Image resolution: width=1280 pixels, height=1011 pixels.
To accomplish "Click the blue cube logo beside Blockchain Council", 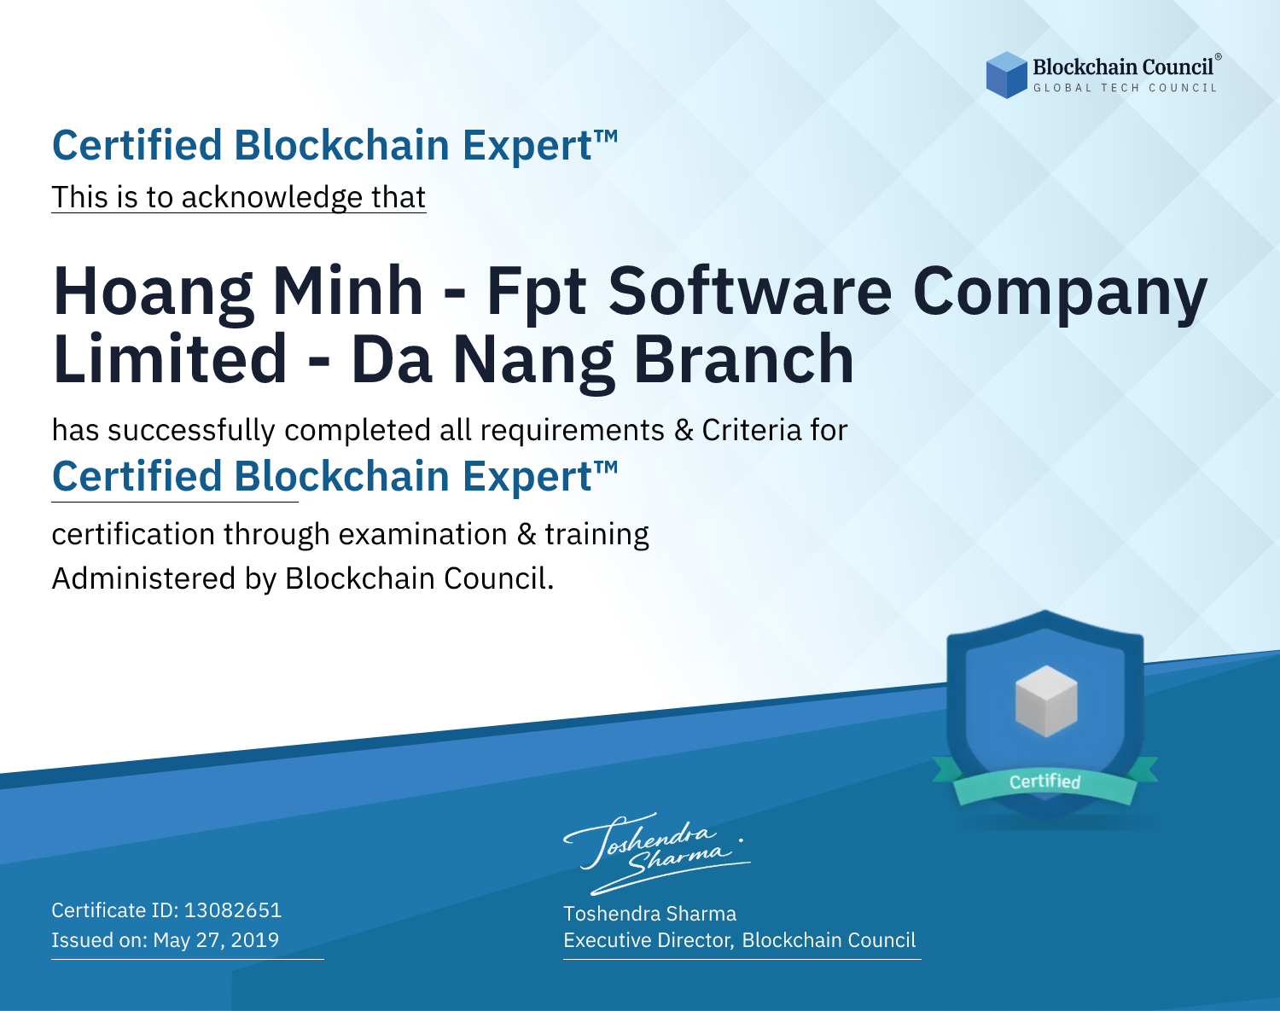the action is (x=1006, y=75).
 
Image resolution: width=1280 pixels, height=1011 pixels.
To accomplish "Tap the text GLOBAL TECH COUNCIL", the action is (x=1125, y=88).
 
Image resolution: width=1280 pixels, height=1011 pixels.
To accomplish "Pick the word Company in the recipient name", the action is (x=1060, y=294).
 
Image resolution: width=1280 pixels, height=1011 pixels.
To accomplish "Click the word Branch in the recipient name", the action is (x=743, y=358).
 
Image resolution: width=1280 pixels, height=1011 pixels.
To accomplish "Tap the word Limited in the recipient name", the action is (x=170, y=358).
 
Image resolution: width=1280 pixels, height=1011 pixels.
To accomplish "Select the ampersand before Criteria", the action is (x=683, y=430).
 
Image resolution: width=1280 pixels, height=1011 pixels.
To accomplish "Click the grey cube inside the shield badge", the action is (x=1045, y=700).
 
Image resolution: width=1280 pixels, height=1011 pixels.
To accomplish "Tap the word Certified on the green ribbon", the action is (x=1045, y=781).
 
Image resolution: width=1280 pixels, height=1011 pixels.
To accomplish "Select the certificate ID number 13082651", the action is (x=233, y=909).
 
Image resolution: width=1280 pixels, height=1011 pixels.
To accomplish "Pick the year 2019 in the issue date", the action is (x=254, y=939).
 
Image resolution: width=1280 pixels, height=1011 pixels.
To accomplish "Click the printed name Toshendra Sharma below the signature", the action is (x=649, y=914).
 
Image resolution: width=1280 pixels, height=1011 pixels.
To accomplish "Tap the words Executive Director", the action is (x=649, y=940).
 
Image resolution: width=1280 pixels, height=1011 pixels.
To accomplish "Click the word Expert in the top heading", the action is (x=527, y=147).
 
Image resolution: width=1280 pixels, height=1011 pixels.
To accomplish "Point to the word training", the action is (x=596, y=535).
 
